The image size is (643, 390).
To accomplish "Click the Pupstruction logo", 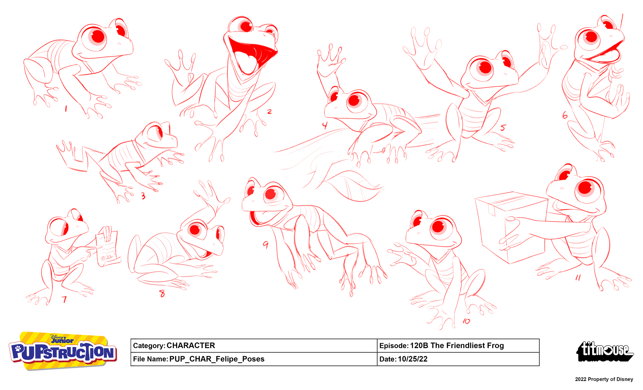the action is point(63,351).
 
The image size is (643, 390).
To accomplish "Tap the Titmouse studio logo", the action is point(605,351).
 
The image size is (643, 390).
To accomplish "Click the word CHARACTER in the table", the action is point(191,346).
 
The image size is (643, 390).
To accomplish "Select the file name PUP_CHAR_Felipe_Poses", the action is point(217,359).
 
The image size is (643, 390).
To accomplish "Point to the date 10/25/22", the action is point(413,359).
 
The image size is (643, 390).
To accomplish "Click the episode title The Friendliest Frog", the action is point(467,346).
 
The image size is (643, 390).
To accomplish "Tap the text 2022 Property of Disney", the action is point(604,379).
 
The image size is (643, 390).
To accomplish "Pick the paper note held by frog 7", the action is point(108,250).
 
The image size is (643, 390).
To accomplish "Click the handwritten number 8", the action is point(162,294).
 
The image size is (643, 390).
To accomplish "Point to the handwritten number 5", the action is point(503,127).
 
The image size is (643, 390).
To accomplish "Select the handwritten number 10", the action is point(466,321).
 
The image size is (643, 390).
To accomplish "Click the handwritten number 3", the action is point(143,196).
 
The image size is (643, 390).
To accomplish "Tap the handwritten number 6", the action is point(565,115).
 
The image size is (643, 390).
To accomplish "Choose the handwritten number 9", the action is point(265,245).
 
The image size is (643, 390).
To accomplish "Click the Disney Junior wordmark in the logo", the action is point(62,339).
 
